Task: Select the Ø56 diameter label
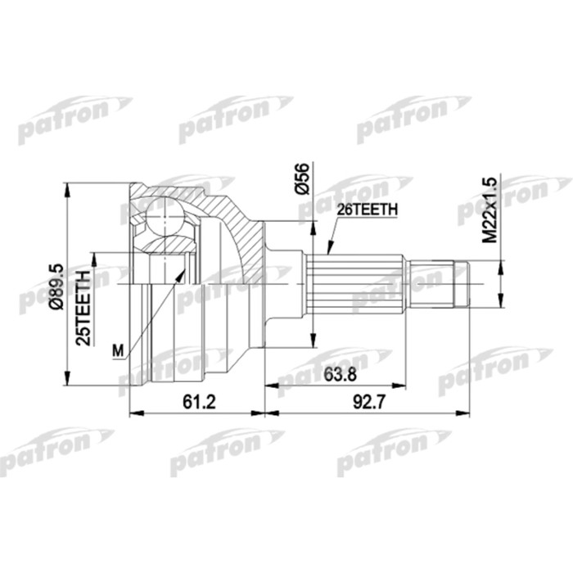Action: pyautogui.click(x=300, y=178)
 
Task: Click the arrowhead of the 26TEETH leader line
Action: pyautogui.click(x=327, y=250)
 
